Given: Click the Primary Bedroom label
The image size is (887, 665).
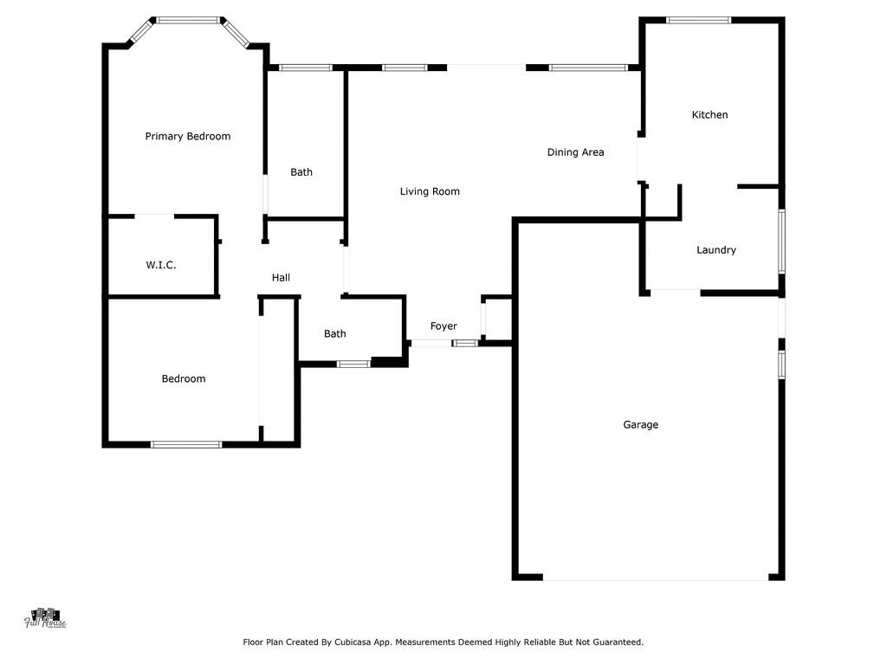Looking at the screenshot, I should tap(188, 136).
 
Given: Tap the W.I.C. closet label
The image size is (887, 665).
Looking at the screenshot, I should tap(161, 265).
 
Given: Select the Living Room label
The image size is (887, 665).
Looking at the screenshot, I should tap(430, 191).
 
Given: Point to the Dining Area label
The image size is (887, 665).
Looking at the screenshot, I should tap(575, 152).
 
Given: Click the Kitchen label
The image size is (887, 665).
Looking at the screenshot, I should tap(709, 115).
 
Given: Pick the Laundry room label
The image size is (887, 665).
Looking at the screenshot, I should tap(716, 250).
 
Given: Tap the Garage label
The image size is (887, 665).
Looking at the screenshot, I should tap(640, 425).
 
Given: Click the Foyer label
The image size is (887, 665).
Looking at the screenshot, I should tap(443, 326).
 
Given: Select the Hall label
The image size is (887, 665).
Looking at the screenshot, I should tap(281, 278).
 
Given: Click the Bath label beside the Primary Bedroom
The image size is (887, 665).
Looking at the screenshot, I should tap(301, 172).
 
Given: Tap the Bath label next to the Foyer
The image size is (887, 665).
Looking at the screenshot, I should tap(335, 334).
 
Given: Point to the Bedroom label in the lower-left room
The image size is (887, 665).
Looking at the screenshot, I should tap(184, 379).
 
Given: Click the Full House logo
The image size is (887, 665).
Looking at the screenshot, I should tap(45, 617).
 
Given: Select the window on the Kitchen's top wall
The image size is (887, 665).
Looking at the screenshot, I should tap(698, 20).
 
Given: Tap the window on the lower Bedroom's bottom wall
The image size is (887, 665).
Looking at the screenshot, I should tap(186, 445).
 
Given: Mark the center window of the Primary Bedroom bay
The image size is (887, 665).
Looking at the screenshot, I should tap(188, 19).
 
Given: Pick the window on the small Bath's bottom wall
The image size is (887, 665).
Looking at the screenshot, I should tap(353, 364).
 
